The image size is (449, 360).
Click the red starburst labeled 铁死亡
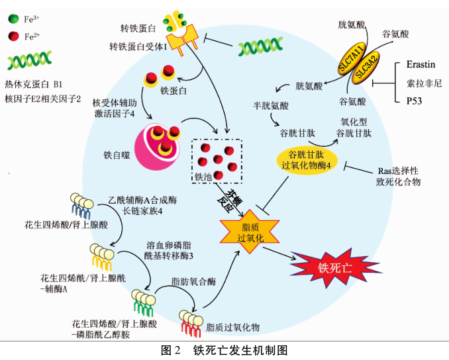click(329, 267)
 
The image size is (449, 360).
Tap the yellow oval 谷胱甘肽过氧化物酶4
click(306, 159)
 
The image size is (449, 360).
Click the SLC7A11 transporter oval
click(352, 60)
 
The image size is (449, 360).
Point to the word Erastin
click(421, 66)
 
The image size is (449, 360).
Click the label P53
click(415, 101)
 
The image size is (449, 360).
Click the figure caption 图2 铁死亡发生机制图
click(224, 349)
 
